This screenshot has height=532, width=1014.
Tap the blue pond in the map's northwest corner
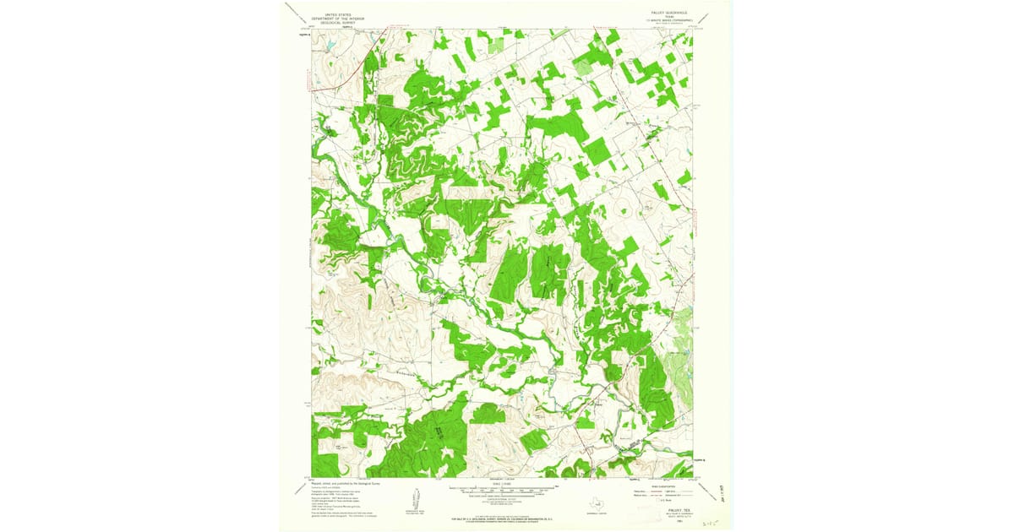332,43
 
